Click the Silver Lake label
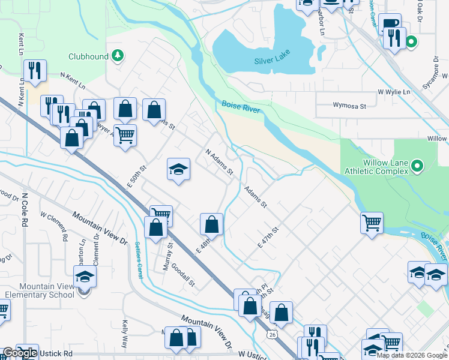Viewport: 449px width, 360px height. [x=272, y=61]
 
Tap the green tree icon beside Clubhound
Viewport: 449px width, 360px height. [x=118, y=56]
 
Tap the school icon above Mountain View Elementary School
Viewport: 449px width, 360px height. [x=85, y=277]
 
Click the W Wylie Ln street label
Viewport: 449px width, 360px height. [x=393, y=92]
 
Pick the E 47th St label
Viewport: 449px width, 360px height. [x=269, y=237]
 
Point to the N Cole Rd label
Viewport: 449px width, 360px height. [x=25, y=209]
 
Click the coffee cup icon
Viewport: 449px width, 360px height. [x=390, y=25]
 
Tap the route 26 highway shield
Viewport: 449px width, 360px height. [x=273, y=333]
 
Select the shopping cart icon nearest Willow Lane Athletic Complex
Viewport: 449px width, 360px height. [x=372, y=223]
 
